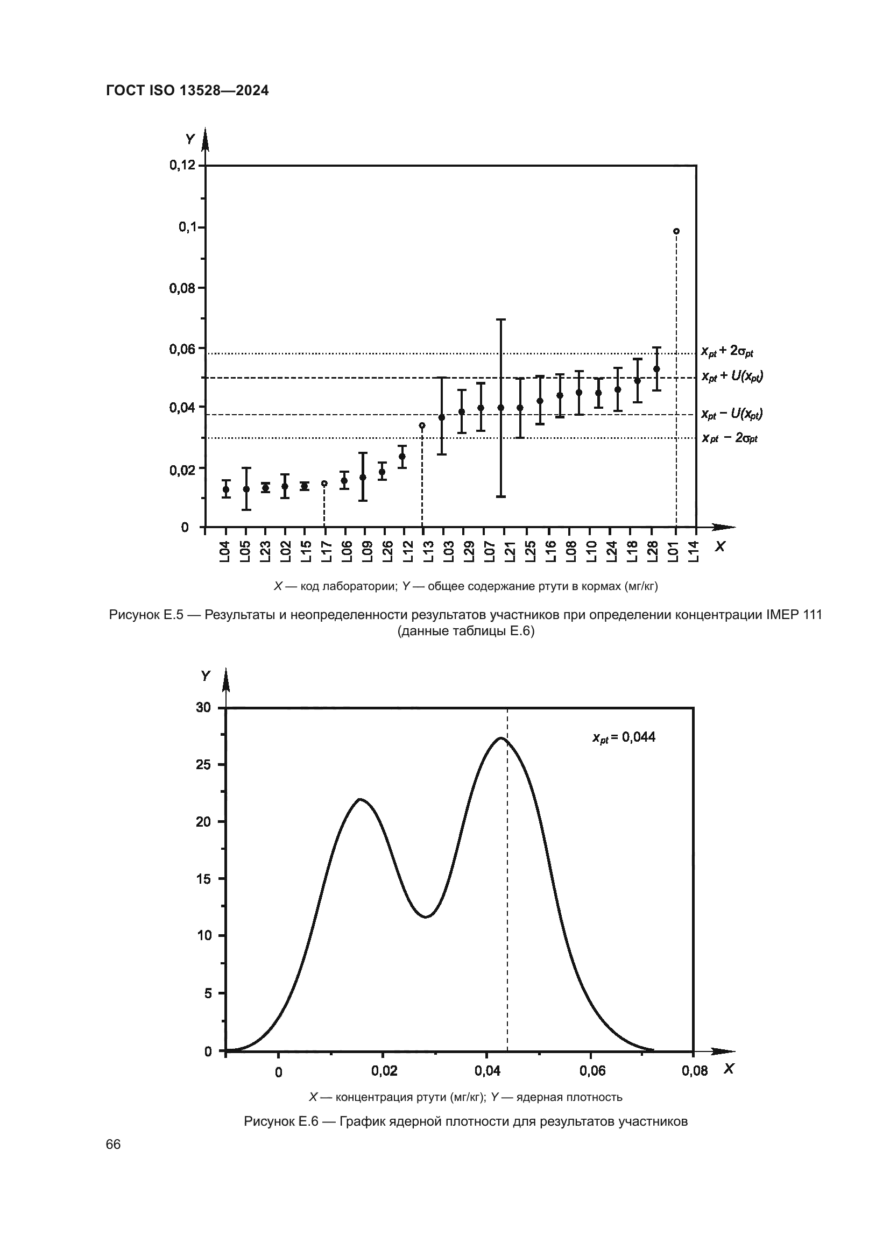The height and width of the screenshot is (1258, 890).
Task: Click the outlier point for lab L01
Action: coord(676,231)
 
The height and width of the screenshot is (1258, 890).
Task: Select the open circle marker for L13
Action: coord(422,425)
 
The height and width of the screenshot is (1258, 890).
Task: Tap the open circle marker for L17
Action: coord(324,484)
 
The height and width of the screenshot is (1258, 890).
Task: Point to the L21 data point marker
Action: coord(500,408)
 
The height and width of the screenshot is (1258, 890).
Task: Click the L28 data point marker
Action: coord(656,369)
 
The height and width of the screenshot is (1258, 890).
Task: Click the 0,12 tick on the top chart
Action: coord(182,165)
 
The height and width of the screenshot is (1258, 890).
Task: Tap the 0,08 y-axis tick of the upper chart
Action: coord(182,288)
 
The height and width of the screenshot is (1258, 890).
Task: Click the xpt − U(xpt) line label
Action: coord(732,414)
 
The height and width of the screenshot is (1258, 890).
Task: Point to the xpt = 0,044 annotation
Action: coord(624,737)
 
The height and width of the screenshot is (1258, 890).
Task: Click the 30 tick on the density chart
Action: coord(203,707)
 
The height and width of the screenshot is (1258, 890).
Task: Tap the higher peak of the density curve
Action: coord(501,738)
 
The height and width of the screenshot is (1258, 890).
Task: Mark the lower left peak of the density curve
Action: coord(360,799)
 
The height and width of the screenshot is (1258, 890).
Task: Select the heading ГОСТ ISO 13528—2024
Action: coord(187,91)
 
